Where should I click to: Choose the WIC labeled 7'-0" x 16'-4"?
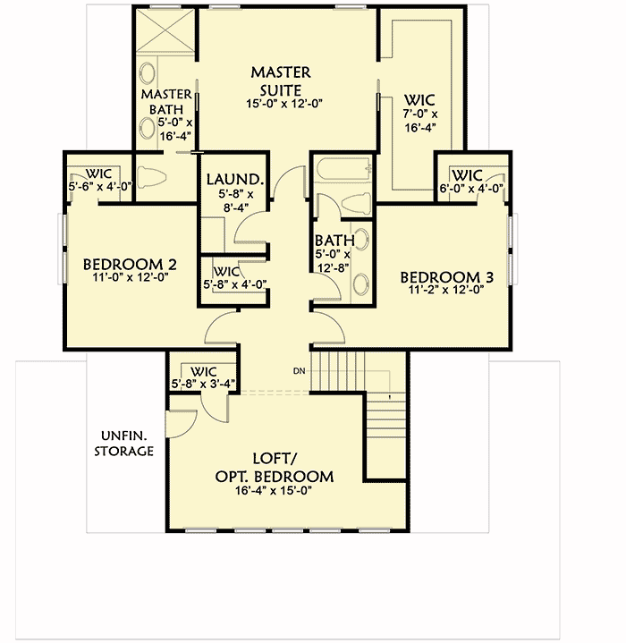pyautogui.click(x=420, y=114)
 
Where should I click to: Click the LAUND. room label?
pyautogui.click(x=233, y=178)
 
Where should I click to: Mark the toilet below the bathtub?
pyautogui.click(x=355, y=203)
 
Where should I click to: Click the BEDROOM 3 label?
pyautogui.click(x=445, y=276)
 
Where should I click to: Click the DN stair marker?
pyautogui.click(x=300, y=370)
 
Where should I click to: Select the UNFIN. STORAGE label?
pyautogui.click(x=124, y=443)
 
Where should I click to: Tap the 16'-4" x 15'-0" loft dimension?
pyautogui.click(x=274, y=491)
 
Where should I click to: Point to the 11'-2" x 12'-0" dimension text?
pyautogui.click(x=445, y=291)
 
